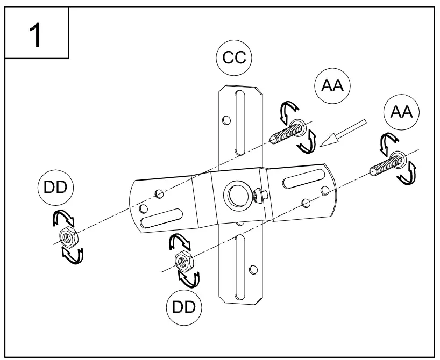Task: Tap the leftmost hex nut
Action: tap(68, 236)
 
